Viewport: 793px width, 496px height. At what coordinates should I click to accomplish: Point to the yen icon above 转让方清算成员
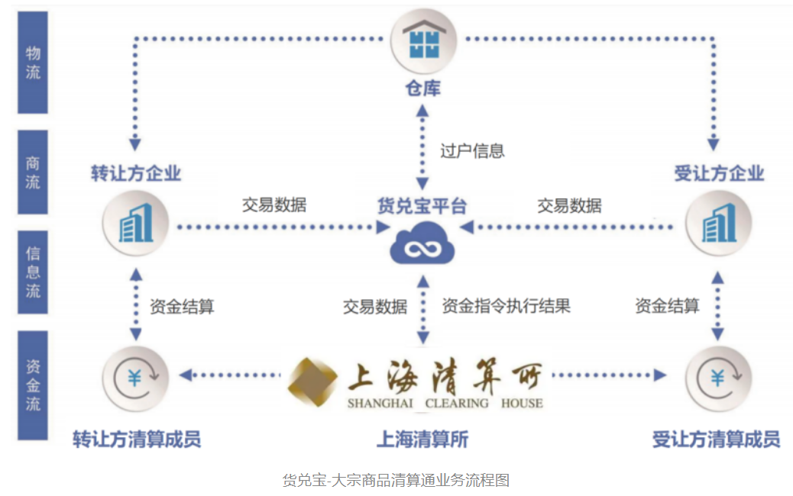coord(135,378)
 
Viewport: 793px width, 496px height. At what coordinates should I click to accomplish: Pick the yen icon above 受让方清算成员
coord(718,378)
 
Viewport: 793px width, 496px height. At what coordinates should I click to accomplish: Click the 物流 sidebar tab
coord(33,63)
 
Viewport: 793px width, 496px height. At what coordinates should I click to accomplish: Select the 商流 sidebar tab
coord(33,172)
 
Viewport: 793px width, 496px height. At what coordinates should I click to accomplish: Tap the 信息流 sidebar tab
coord(33,272)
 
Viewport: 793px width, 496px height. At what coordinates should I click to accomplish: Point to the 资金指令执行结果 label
coord(506,306)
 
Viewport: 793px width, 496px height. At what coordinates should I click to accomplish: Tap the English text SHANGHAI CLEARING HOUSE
coord(445,403)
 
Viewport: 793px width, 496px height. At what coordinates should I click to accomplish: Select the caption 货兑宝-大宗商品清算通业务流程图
coord(396,480)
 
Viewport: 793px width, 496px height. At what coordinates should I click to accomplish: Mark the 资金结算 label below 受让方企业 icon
coord(667,306)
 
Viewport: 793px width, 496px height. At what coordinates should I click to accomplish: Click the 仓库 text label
coord(422,89)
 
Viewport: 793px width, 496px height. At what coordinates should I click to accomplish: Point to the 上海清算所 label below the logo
coord(422,440)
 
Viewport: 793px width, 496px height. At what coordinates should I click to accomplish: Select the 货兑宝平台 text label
coord(422,206)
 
